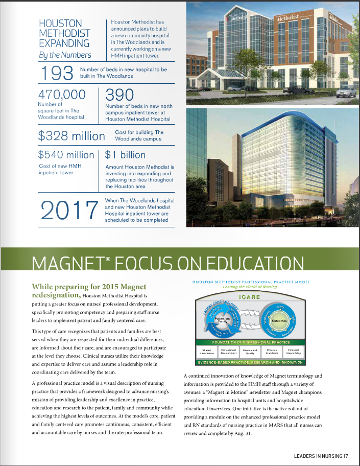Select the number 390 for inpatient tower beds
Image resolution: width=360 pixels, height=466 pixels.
(x=119, y=95)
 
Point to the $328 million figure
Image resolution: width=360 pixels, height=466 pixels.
(x=71, y=136)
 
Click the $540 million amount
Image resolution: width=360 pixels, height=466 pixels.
(x=66, y=155)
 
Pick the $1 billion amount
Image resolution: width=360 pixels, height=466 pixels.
(x=125, y=155)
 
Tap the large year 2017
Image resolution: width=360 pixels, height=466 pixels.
(x=68, y=211)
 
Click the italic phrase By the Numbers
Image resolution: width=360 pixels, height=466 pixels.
(x=65, y=55)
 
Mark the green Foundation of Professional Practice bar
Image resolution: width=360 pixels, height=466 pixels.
(x=250, y=342)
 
